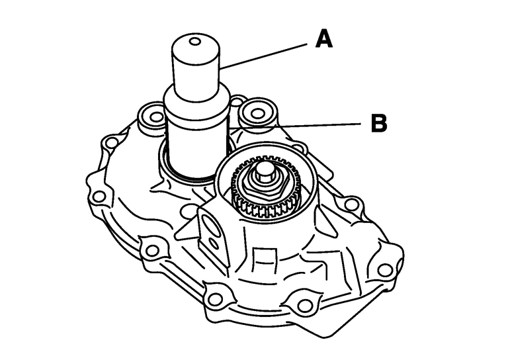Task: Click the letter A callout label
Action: (324, 38)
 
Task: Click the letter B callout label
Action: (379, 123)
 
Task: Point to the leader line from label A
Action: (263, 56)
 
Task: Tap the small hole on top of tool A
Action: (195, 42)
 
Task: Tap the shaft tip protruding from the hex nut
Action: (263, 171)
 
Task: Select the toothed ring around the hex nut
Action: (266, 189)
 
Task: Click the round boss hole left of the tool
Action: (157, 116)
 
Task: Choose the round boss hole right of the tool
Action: (257, 113)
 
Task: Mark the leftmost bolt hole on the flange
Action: (99, 197)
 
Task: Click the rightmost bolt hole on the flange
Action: (385, 269)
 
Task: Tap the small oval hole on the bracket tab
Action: (214, 242)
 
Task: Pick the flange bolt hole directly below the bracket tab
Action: (214, 298)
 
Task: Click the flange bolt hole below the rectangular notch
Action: (304, 305)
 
